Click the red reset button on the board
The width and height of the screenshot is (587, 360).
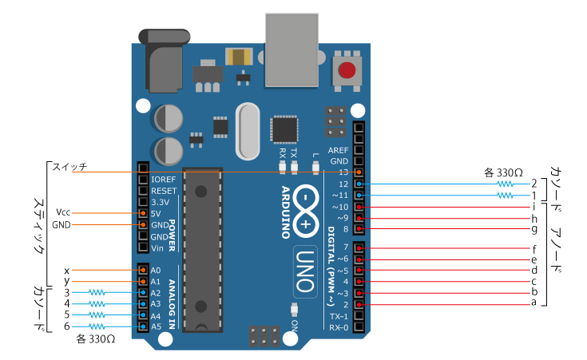click(x=347, y=70)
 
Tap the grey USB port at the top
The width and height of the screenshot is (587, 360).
click(x=292, y=50)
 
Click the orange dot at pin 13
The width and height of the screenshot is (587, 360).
click(x=359, y=172)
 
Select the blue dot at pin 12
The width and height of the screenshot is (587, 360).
click(x=359, y=184)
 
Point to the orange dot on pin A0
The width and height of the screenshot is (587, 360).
click(x=143, y=270)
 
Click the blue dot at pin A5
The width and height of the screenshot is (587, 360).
click(x=143, y=326)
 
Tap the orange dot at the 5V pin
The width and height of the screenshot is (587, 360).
click(x=143, y=213)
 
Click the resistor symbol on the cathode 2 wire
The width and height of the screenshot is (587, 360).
click(x=505, y=184)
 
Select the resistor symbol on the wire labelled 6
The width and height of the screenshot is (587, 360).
click(x=97, y=326)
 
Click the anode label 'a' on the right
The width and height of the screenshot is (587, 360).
click(x=533, y=303)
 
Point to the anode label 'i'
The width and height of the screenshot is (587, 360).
click(x=533, y=206)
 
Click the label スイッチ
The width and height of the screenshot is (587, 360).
click(x=69, y=167)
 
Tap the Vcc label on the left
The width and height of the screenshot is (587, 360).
click(x=63, y=212)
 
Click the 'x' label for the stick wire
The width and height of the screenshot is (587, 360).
click(x=66, y=270)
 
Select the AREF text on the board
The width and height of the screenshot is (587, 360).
click(x=338, y=150)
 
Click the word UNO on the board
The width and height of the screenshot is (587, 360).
click(x=305, y=271)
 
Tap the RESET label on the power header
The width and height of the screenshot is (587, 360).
click(x=164, y=191)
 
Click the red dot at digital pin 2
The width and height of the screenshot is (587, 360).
click(x=359, y=305)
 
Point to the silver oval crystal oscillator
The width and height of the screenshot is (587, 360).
click(x=248, y=132)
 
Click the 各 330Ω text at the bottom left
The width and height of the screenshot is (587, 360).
click(x=96, y=339)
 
